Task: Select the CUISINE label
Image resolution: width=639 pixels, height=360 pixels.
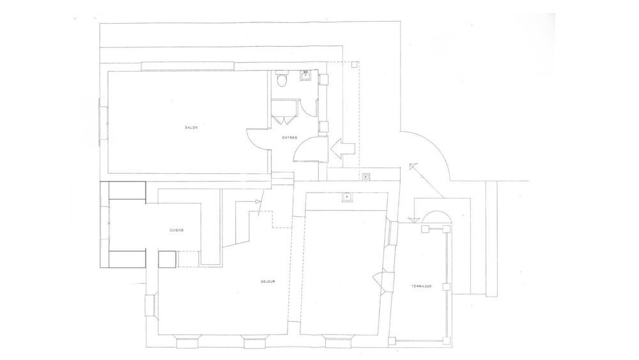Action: pyautogui.click(x=177, y=231)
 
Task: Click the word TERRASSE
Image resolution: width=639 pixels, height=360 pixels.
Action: pyautogui.click(x=422, y=286)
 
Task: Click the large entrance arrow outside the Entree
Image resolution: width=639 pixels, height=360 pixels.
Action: pyautogui.click(x=343, y=149)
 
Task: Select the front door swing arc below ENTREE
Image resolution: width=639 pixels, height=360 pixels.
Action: pyautogui.click(x=304, y=151)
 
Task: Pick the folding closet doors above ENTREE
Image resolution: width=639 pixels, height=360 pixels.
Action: pyautogui.click(x=282, y=117)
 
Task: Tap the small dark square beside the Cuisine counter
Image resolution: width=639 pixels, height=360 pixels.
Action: pyautogui.click(x=166, y=259)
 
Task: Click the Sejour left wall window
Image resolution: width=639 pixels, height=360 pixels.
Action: pyautogui.click(x=151, y=305)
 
